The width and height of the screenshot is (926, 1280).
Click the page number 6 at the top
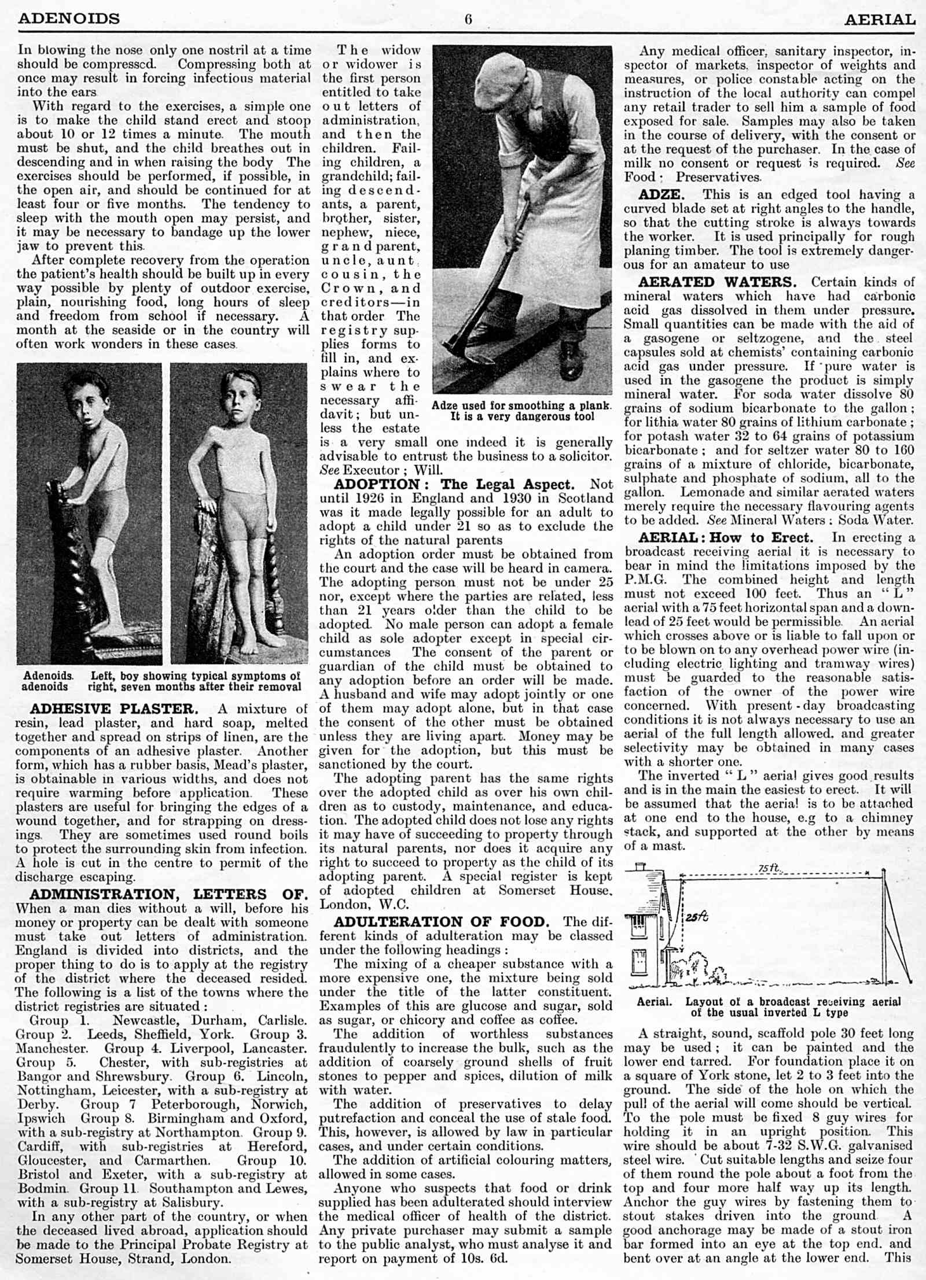click(468, 20)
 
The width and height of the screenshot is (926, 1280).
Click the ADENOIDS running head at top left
click(69, 19)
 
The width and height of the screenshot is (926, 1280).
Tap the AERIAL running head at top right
click(879, 20)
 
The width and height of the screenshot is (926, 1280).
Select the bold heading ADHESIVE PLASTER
click(113, 709)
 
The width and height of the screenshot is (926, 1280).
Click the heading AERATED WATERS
click(717, 282)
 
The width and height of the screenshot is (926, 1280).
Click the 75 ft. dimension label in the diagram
click(769, 868)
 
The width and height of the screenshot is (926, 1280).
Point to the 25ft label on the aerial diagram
click(697, 917)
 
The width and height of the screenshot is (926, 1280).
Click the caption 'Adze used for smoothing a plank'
click(521, 406)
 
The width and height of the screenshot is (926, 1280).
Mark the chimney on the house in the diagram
click(640, 867)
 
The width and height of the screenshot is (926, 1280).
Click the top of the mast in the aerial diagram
click(884, 872)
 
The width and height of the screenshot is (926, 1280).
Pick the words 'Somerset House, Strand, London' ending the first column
click(123, 1259)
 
